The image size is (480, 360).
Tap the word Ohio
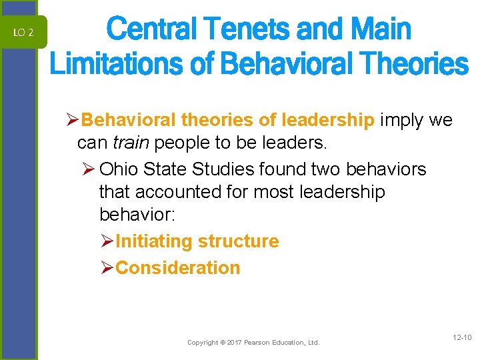tap(121, 169)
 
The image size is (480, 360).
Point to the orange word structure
tap(239, 241)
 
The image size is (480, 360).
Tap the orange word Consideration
tap(177, 267)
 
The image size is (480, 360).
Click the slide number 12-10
tap(461, 338)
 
